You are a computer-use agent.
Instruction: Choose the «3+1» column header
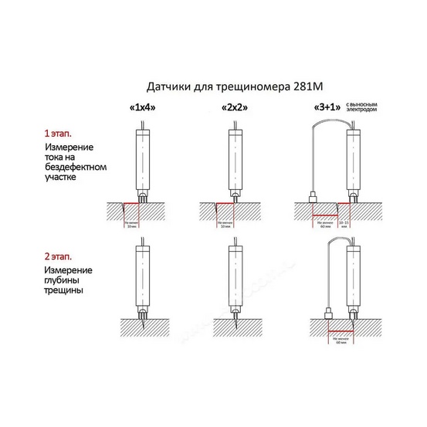click(x=324, y=108)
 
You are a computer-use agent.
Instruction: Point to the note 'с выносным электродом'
click(x=363, y=107)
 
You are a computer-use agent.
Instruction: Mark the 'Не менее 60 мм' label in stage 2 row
click(x=341, y=341)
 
